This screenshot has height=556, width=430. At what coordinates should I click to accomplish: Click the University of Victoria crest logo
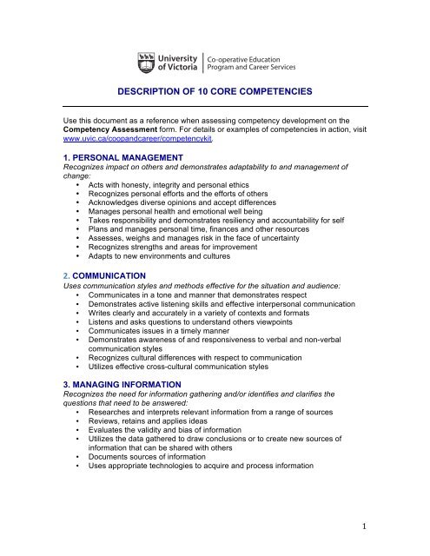148,63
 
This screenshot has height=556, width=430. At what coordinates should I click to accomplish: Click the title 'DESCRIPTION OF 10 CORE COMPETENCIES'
215,91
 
